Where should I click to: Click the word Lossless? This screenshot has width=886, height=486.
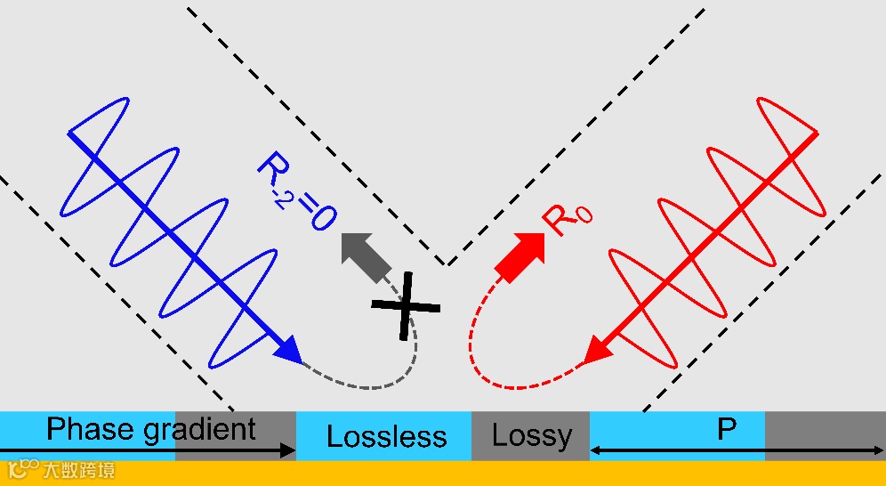pos(386,436)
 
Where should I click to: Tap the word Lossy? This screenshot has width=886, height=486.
pos(532,436)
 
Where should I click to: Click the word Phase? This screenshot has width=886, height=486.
pos(91,429)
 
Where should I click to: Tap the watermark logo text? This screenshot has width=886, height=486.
pos(62,470)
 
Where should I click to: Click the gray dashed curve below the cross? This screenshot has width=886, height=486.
pos(374,383)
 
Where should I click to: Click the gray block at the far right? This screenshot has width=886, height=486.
pos(825,435)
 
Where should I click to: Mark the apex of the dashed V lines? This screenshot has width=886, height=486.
pos(447,265)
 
